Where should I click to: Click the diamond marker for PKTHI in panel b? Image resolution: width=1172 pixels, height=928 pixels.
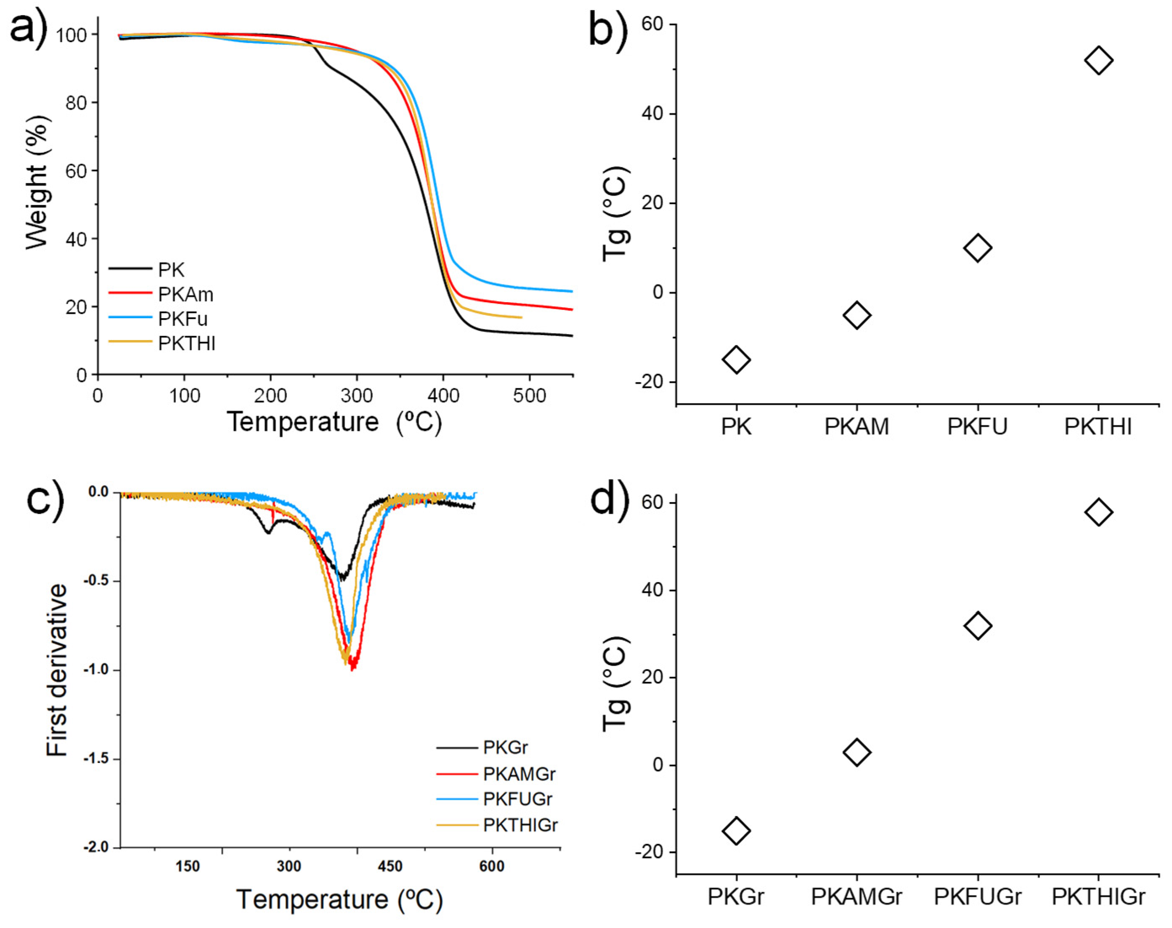(x=1098, y=60)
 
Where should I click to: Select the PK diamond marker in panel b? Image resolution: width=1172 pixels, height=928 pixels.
(x=736, y=359)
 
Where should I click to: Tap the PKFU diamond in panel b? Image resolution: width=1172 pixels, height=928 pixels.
(x=977, y=248)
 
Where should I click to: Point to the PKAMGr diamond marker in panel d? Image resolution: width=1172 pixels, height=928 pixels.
(x=856, y=752)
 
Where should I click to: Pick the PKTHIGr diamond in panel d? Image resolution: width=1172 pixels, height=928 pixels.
(x=1098, y=512)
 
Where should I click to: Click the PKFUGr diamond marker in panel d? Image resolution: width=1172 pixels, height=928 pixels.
(x=977, y=625)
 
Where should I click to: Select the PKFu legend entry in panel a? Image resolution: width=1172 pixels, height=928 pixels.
(x=183, y=319)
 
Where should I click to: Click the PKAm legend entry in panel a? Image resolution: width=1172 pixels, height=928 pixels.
(x=185, y=294)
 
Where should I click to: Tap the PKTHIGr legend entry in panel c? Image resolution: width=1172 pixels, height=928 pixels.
(x=520, y=825)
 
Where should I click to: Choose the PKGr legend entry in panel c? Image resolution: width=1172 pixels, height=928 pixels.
(x=505, y=747)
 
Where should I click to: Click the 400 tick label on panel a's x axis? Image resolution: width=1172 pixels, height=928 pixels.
(x=443, y=396)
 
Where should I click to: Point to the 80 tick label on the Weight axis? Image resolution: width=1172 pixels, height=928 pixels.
(x=76, y=103)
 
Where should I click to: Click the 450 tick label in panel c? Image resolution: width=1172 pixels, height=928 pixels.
(x=390, y=866)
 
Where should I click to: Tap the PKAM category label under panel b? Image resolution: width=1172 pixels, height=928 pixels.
(x=856, y=426)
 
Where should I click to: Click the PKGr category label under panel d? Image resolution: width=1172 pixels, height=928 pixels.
(x=735, y=896)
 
